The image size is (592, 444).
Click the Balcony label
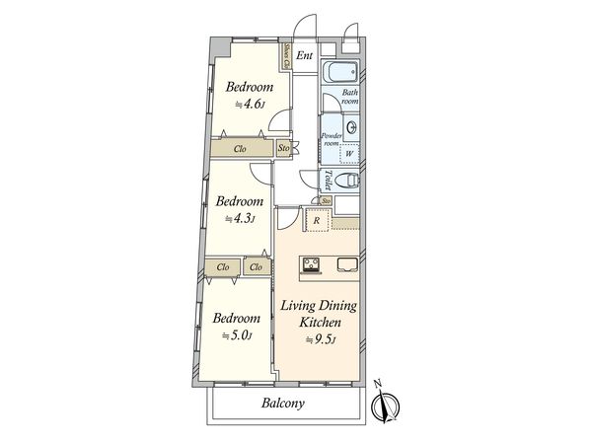283,404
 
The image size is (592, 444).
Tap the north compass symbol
386,406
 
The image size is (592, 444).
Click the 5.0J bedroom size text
237,335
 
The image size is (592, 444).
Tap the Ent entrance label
305,55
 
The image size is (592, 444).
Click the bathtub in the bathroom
338,74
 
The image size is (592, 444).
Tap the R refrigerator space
316,221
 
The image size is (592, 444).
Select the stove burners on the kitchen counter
313,262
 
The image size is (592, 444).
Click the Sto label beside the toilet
326,201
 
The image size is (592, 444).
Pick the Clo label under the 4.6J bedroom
240,149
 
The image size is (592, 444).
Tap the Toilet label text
327,179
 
